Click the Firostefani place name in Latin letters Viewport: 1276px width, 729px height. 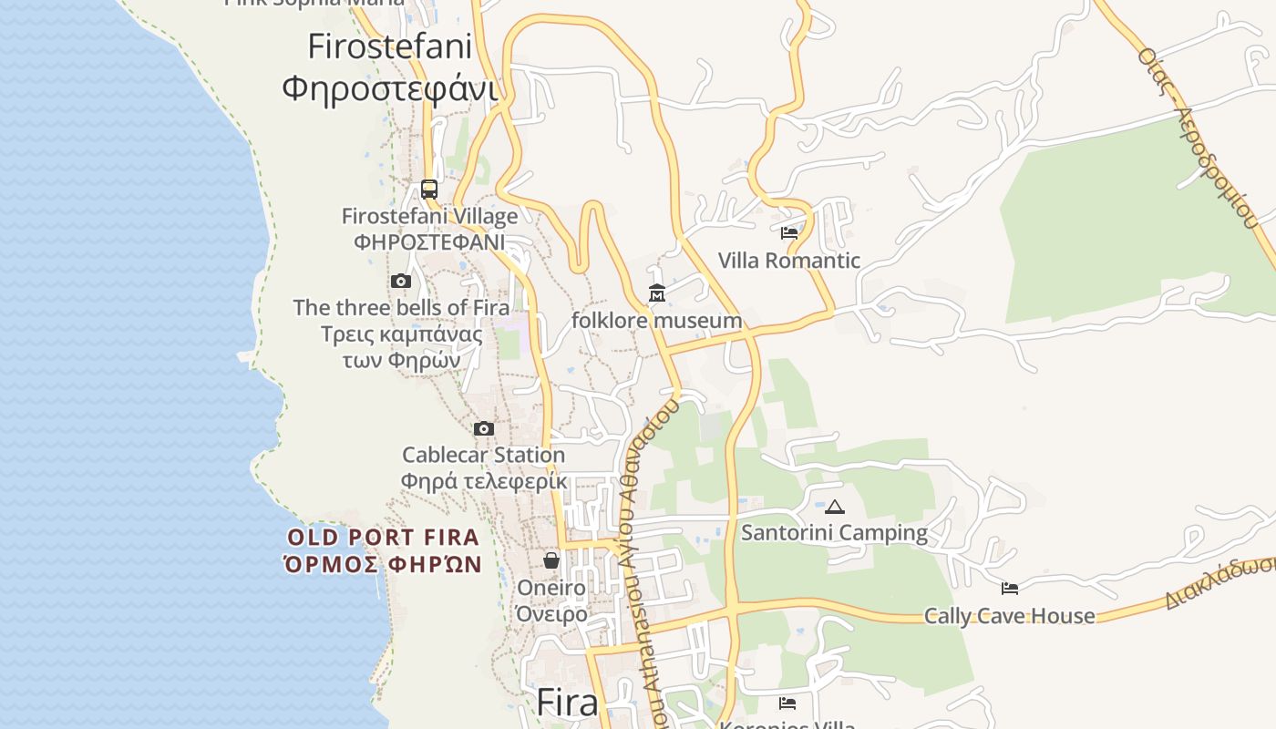click(x=389, y=46)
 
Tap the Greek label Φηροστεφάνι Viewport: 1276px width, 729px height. click(x=389, y=89)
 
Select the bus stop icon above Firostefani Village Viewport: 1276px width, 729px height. click(x=429, y=190)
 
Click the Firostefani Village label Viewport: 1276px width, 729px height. click(x=429, y=216)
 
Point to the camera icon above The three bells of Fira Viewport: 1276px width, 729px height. click(x=401, y=281)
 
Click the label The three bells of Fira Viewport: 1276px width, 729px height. click(x=401, y=307)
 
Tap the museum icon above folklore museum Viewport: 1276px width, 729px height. click(x=657, y=293)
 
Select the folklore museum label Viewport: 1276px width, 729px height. click(x=657, y=321)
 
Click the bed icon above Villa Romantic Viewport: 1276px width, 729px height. click(x=789, y=233)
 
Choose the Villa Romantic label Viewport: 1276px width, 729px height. click(x=789, y=261)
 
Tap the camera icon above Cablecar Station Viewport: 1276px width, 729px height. click(x=484, y=428)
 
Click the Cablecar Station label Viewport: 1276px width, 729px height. click(x=484, y=455)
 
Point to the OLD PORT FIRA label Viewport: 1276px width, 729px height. click(x=383, y=538)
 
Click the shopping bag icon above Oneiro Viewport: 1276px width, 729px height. click(x=551, y=560)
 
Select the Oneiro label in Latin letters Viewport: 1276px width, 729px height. click(x=551, y=588)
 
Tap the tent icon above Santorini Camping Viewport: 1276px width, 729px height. click(x=834, y=507)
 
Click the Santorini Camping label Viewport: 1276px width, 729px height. click(x=834, y=533)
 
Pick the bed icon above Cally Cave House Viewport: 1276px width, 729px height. click(x=1010, y=589)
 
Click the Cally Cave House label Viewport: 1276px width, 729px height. click(x=1010, y=616)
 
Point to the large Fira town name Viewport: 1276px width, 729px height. click(x=567, y=703)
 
